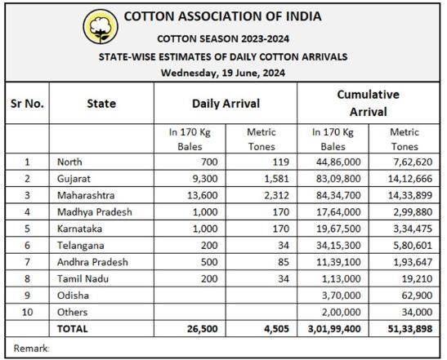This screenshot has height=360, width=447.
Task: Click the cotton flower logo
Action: tap(101, 26)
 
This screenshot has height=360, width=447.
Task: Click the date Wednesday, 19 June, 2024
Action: tap(223, 73)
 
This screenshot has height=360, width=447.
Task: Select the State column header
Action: tap(101, 104)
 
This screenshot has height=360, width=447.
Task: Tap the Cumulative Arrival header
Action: tap(368, 103)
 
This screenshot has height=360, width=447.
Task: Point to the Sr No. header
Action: tap(27, 104)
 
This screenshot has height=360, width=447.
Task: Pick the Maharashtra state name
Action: tap(86, 195)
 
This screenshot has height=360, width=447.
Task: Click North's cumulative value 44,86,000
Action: tap(338, 162)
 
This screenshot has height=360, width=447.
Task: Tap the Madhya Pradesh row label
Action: tap(95, 212)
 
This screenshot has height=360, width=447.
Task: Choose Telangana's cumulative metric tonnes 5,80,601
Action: tap(413, 245)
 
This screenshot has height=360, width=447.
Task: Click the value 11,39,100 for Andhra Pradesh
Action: tap(338, 262)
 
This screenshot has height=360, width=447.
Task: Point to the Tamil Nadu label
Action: tap(83, 278)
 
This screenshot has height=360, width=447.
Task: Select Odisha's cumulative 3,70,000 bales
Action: tap(342, 296)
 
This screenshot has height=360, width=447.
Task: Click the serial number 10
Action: tap(27, 312)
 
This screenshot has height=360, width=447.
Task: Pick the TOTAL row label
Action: tap(73, 329)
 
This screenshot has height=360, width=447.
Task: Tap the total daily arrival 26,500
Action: tap(203, 329)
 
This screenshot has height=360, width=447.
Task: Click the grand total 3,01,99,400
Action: tap(334, 329)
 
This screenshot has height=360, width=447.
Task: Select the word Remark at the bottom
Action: tap(31, 348)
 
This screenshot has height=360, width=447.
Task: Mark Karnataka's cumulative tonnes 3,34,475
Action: tap(413, 229)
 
